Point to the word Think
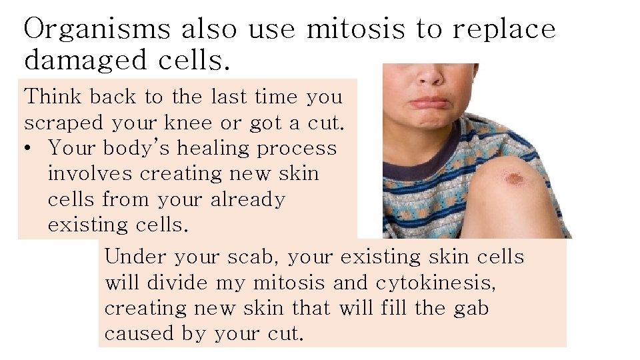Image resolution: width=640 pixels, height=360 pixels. [52, 97]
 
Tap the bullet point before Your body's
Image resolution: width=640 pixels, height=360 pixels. [30, 147]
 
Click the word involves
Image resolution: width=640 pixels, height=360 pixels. [89, 173]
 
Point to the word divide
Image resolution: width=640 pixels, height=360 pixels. [177, 283]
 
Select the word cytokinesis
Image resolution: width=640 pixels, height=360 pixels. [435, 283]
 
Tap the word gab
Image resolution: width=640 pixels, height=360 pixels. [473, 308]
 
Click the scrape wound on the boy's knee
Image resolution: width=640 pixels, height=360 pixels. [513, 179]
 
